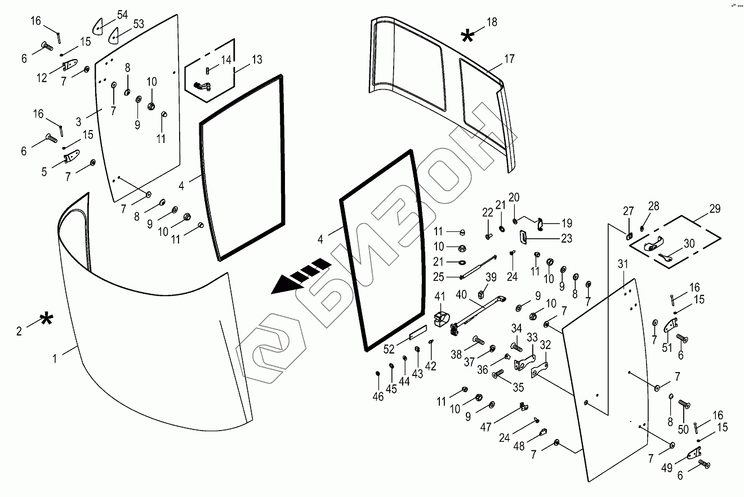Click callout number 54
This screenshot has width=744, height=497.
(122, 14)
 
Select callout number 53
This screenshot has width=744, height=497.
(139, 24)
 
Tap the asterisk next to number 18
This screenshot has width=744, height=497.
(467, 37)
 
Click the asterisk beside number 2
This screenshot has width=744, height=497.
(46, 321)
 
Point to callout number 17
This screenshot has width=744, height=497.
(510, 58)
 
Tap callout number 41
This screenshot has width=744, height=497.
(439, 295)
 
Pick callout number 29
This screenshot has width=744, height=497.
(714, 209)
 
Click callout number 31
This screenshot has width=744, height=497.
(622, 264)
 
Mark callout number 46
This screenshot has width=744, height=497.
(378, 397)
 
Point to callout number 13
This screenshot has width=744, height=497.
(257, 59)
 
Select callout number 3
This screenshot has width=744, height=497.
(79, 120)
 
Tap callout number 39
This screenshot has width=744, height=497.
(491, 276)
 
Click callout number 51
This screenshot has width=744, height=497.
(667, 348)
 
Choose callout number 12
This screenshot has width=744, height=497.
(42, 78)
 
